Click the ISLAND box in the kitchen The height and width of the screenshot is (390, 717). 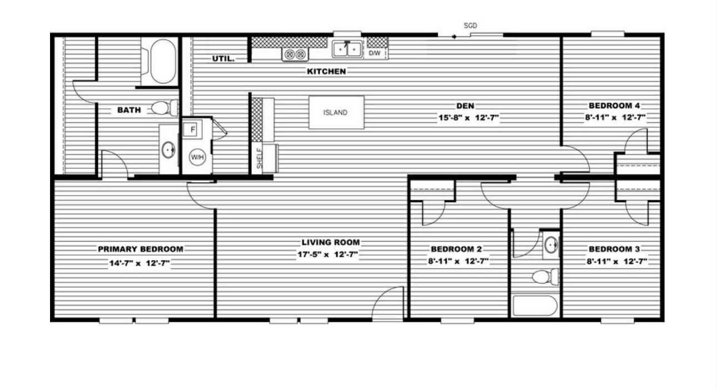[x=336, y=112]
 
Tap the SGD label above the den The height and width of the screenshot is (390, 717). [x=470, y=26]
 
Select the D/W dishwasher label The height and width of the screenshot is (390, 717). [x=375, y=53]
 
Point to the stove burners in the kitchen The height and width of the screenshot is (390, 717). [x=295, y=54]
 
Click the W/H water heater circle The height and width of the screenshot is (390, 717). [x=197, y=157]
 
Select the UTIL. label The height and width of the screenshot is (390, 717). [x=223, y=58]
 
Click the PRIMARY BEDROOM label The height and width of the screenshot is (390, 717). [x=141, y=249]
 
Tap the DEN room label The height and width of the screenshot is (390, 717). [x=465, y=106]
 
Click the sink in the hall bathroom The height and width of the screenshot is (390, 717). [x=551, y=244]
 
